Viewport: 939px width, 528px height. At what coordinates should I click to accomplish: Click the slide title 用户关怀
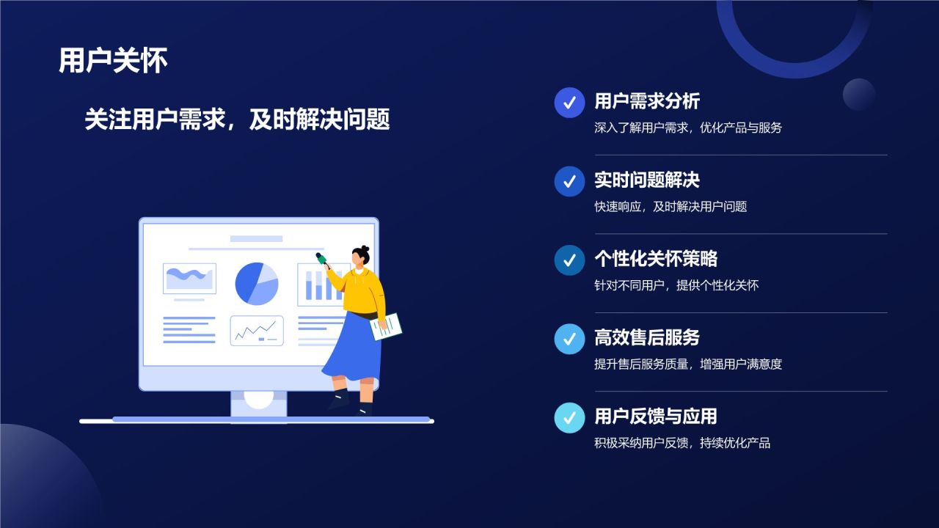[x=113, y=61]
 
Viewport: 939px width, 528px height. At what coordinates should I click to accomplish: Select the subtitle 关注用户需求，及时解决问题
[x=237, y=119]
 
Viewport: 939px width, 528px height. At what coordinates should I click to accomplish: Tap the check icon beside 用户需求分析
[x=569, y=103]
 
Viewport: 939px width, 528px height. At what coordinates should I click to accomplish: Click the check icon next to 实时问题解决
[x=569, y=181]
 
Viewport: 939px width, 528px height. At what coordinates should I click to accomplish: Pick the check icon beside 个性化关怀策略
[x=569, y=260]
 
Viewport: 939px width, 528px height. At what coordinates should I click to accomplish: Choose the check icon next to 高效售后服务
[x=569, y=339]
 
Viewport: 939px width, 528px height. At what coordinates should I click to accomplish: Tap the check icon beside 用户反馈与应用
[x=569, y=417]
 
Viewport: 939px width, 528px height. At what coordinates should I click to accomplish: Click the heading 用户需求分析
[x=646, y=101]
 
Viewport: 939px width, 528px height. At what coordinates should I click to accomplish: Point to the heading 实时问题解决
[x=646, y=180]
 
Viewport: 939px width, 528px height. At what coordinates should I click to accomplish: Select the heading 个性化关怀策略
[x=655, y=259]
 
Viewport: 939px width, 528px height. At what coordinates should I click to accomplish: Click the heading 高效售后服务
[x=646, y=337]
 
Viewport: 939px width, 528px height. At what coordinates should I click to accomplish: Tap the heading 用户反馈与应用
[x=655, y=417]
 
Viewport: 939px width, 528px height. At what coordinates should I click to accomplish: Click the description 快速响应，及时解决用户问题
[x=671, y=207]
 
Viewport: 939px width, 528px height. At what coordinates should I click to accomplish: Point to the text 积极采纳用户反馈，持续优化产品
[x=682, y=443]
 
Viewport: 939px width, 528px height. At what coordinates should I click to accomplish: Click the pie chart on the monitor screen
[x=257, y=284]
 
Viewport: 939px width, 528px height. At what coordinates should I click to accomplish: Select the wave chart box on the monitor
[x=189, y=279]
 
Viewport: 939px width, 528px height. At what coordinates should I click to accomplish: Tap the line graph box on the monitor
[x=257, y=331]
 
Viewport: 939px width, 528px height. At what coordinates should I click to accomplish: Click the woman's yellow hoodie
[x=362, y=290]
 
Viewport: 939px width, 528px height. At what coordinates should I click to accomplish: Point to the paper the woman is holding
[x=387, y=326]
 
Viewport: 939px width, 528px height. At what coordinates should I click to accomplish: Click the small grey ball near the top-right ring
[x=859, y=95]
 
